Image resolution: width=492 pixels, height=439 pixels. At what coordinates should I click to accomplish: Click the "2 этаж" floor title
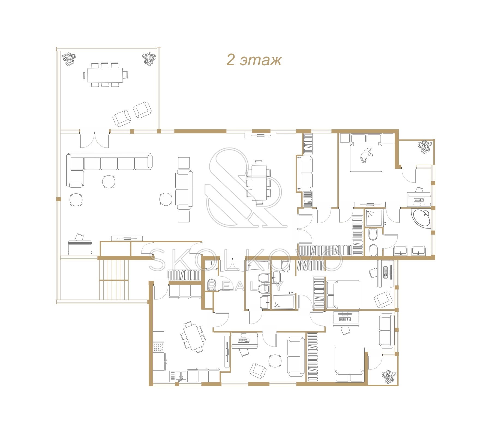tap(254, 60)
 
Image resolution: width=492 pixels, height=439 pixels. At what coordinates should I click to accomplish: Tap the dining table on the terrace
tap(105, 75)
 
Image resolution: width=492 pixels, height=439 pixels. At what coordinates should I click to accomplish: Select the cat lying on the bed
tap(366, 156)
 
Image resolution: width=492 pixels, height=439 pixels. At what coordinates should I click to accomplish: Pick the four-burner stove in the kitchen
tap(158, 347)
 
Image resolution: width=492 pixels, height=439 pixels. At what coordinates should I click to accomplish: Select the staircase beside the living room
tap(114, 280)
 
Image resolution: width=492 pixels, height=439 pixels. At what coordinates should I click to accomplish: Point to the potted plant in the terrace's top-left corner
tap(69, 59)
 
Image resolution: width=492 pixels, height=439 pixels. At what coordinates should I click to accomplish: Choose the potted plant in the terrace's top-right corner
tap(149, 59)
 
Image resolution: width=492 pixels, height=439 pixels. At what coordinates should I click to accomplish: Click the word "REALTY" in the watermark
tap(245, 286)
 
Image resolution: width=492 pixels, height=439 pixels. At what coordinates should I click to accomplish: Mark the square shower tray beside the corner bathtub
tap(374, 218)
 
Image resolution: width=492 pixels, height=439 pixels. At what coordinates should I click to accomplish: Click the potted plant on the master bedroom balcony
tap(425, 147)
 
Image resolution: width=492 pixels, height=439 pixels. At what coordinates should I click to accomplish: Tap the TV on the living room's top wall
tap(260, 135)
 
